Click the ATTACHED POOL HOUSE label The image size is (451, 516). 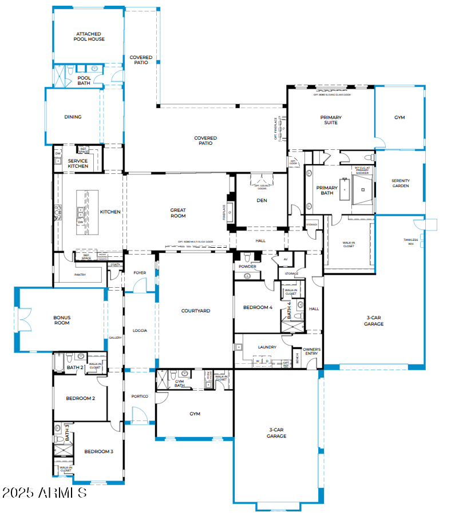pos(89,37)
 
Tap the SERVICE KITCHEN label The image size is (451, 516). pos(78,164)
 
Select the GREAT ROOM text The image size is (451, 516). pos(178,213)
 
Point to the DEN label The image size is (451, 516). pos(262,200)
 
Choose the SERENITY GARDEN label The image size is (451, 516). pos(400,183)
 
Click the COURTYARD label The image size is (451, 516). pos(196,311)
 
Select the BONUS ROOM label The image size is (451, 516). pos(62,320)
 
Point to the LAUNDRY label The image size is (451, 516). pos(267,347)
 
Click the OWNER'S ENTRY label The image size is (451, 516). pos(311,351)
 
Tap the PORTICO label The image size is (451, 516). pos(140,396)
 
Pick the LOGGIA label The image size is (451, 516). pos(140,330)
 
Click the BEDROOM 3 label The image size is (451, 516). pos(98,451)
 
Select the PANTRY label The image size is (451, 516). pos(80,275)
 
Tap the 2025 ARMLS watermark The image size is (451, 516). pos(45,493)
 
